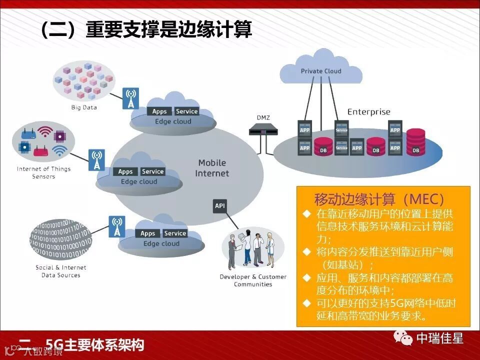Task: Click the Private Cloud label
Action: coord(321,71)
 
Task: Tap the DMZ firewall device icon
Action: coord(263,131)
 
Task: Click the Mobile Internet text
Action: coord(212,168)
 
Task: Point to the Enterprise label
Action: coord(368,112)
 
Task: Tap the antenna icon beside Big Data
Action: coord(130,98)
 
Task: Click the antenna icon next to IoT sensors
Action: coord(96,159)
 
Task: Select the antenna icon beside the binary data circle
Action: coord(117,226)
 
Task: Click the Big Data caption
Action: coord(84,107)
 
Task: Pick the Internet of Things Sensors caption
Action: coord(44,172)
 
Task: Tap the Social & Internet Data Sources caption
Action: coord(61,271)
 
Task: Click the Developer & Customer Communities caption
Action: coord(253,280)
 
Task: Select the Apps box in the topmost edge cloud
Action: coord(159,111)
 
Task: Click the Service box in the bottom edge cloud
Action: coord(175,233)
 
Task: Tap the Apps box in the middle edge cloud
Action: coord(125,171)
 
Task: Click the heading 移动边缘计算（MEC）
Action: coord(379,199)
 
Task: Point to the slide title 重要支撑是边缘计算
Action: coord(168,30)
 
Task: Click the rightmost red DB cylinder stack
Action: coord(415,141)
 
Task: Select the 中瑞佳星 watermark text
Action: coord(440,338)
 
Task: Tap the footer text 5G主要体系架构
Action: coord(94,345)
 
